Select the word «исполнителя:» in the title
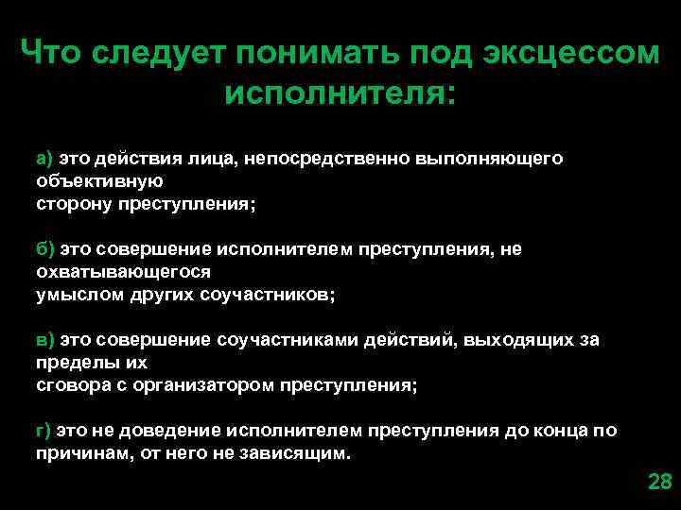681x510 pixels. pyautogui.click(x=340, y=93)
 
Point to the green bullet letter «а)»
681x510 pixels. pyautogui.click(x=46, y=159)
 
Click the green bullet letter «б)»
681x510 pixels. pyautogui.click(x=46, y=249)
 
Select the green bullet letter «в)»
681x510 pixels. pyautogui.click(x=46, y=340)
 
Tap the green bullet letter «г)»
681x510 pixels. pyautogui.click(x=44, y=431)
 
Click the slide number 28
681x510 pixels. pyautogui.click(x=659, y=482)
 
